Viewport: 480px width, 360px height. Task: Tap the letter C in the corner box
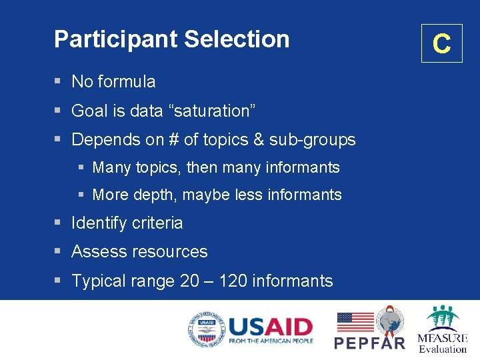(x=441, y=44)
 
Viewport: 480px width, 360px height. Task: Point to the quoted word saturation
(x=213, y=111)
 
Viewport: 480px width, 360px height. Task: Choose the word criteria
(x=159, y=223)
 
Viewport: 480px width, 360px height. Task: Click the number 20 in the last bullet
(x=189, y=281)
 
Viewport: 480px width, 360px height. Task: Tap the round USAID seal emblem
(x=205, y=329)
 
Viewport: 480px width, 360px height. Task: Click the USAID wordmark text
(x=270, y=326)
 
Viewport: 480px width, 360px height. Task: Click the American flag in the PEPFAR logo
(x=355, y=322)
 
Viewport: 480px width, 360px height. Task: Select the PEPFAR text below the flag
(x=369, y=343)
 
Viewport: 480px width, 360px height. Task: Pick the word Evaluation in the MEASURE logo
(x=443, y=349)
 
